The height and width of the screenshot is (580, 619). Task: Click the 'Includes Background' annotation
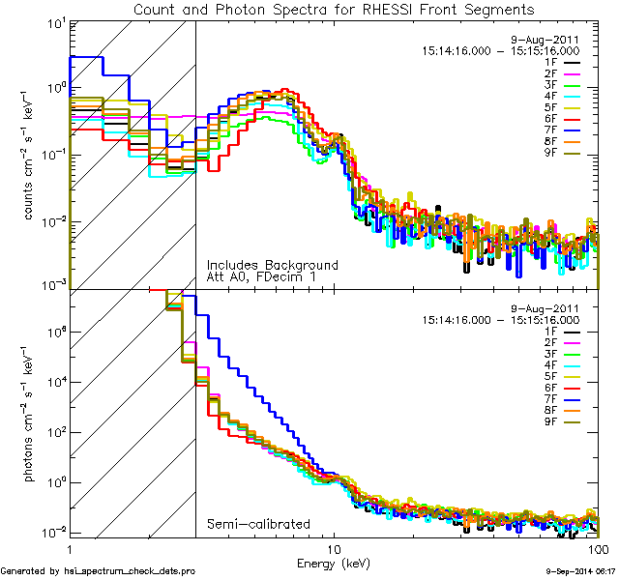point(272,265)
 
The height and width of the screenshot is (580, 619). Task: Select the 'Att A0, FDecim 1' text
point(261,277)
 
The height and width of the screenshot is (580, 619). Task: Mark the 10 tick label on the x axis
point(334,549)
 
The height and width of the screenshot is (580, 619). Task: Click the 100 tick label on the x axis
point(597,549)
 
